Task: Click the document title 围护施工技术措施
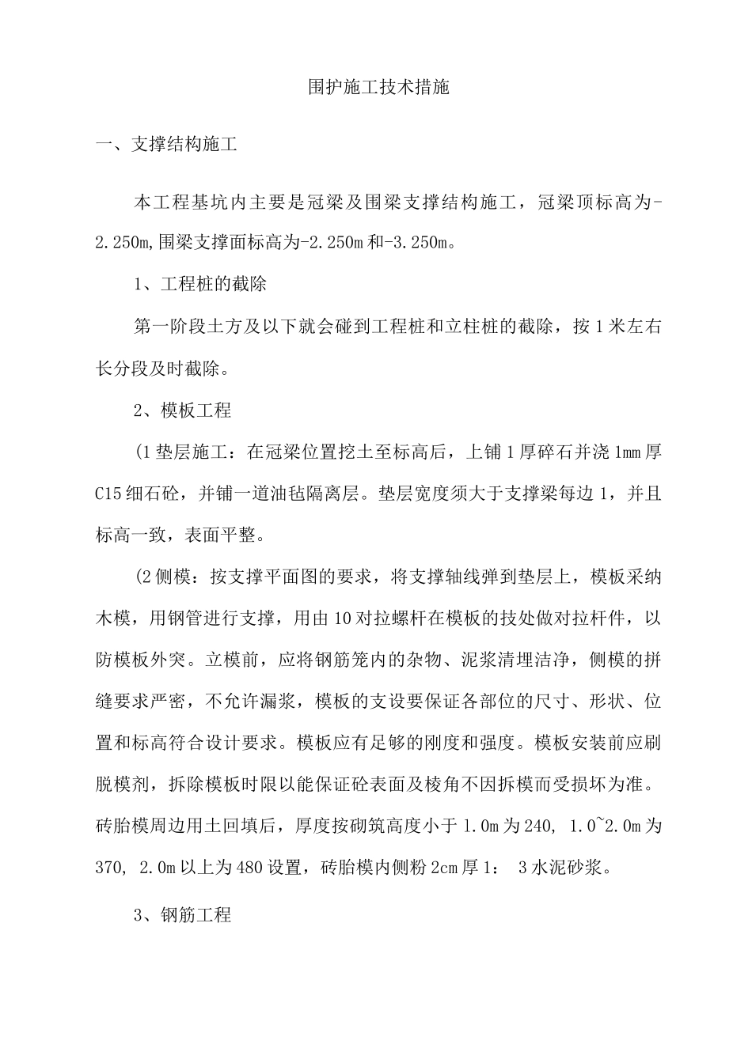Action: [378, 87]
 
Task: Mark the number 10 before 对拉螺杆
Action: [344, 620]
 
